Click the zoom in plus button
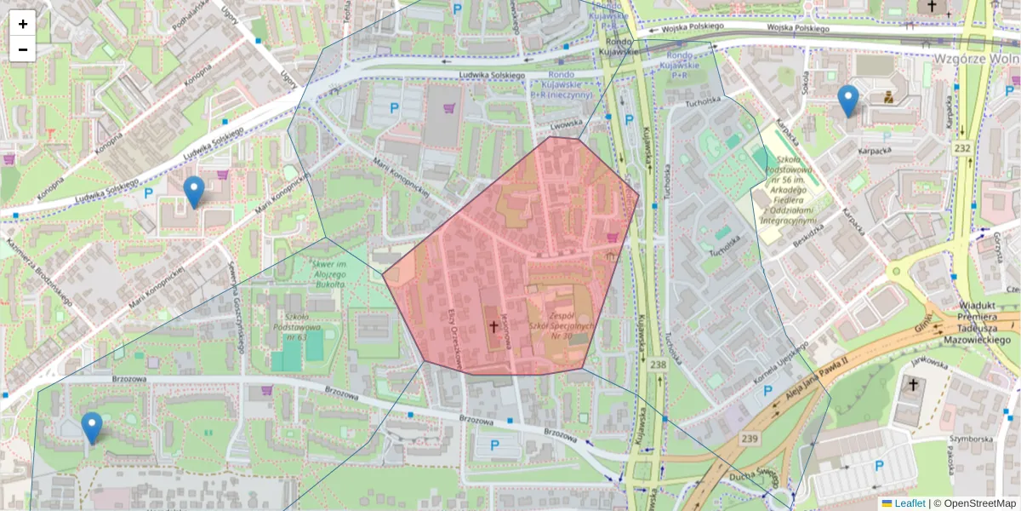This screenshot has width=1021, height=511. coord(23,24)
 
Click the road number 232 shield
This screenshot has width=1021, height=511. coord(961,148)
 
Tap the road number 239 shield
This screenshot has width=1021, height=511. coord(725,438)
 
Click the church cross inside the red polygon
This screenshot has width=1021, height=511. coord(492,326)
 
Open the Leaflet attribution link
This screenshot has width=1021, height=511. coord(909,503)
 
